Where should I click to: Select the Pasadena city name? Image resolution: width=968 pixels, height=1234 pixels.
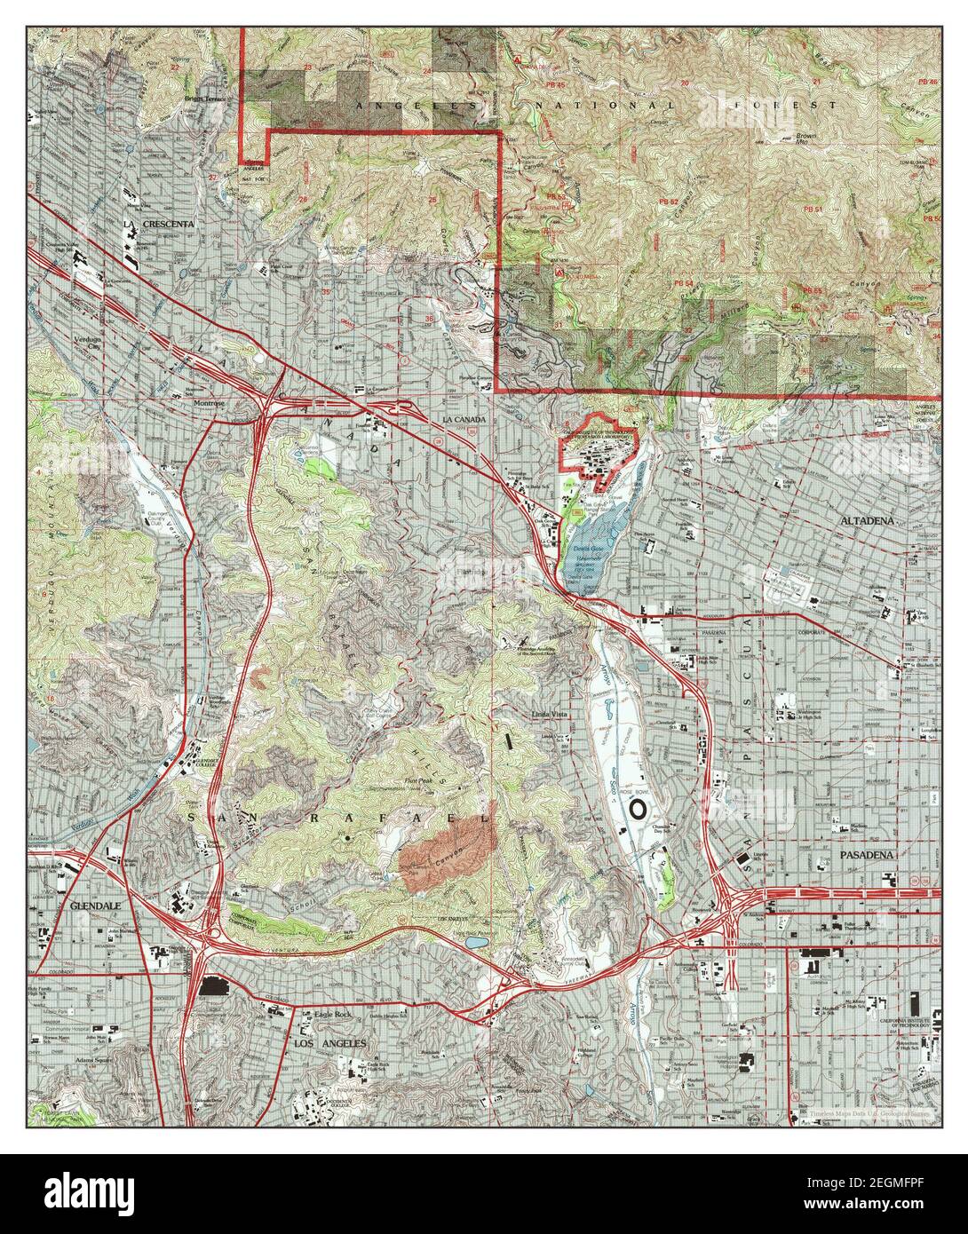[x=869, y=854]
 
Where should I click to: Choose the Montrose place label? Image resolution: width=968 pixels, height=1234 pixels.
[x=212, y=402]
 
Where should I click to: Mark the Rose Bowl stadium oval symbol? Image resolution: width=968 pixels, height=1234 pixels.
[x=639, y=809]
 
